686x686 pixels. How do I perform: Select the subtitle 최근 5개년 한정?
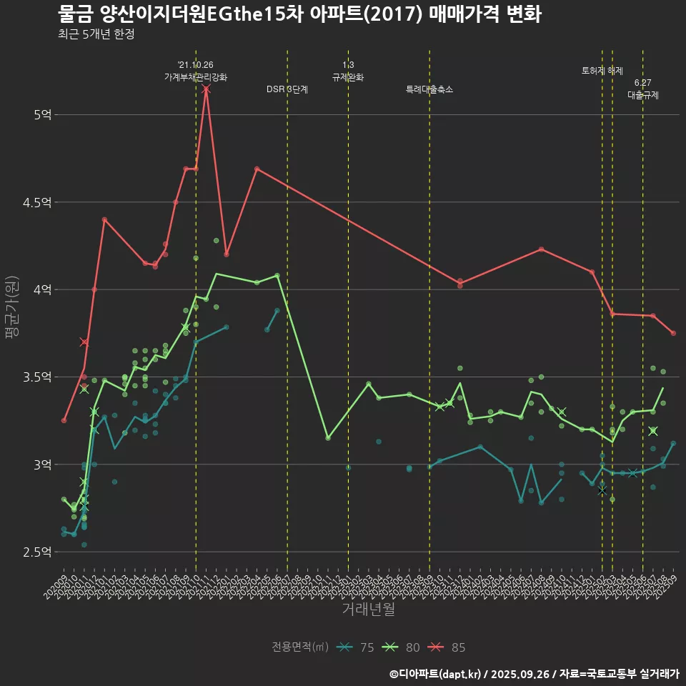click(x=96, y=34)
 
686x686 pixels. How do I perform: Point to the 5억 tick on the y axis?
click(x=42, y=114)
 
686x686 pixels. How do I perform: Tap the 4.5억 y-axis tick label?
click(x=37, y=202)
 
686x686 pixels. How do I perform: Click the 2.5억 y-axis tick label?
click(x=37, y=552)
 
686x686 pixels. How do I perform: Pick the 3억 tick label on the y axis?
click(x=42, y=464)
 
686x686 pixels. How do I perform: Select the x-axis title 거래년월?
click(x=368, y=610)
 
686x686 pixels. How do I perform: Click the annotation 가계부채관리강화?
click(x=196, y=77)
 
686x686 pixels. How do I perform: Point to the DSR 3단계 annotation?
click(x=287, y=90)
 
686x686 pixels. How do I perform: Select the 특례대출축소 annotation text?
click(x=429, y=90)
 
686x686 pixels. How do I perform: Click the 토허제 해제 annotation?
click(x=602, y=71)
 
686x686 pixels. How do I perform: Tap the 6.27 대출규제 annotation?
click(x=643, y=89)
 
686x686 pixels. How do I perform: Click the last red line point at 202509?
click(x=673, y=333)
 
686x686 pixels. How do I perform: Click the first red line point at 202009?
click(x=64, y=420)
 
